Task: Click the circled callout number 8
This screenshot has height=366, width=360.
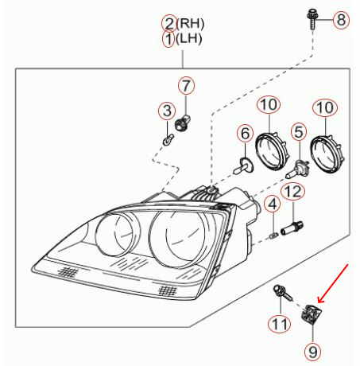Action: coord(341,20)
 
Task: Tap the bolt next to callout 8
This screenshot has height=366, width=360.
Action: coord(312,19)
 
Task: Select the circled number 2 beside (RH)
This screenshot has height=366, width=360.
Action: coord(169,23)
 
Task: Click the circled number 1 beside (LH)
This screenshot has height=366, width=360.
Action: coord(168,39)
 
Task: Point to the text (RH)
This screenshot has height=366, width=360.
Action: coord(191,24)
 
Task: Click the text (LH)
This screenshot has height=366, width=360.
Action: coord(189,39)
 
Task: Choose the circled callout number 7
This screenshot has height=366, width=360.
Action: coord(186,86)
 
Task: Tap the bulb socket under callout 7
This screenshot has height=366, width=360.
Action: coord(182,123)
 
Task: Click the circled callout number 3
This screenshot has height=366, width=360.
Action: coord(167,111)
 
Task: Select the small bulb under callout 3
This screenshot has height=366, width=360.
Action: coord(168,139)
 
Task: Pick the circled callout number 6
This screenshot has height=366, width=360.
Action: coord(246,134)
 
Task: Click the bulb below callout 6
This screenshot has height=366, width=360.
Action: coord(243,165)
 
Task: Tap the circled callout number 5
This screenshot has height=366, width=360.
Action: coord(299,132)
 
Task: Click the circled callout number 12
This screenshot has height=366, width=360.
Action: coord(293,192)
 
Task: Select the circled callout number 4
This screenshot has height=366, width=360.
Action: coord(273,204)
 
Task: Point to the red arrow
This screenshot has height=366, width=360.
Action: coord(333,283)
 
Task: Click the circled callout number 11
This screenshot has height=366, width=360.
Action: coord(280,324)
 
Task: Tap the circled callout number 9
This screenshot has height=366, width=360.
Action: coord(313,352)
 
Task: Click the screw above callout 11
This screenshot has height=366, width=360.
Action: coord(282,293)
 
